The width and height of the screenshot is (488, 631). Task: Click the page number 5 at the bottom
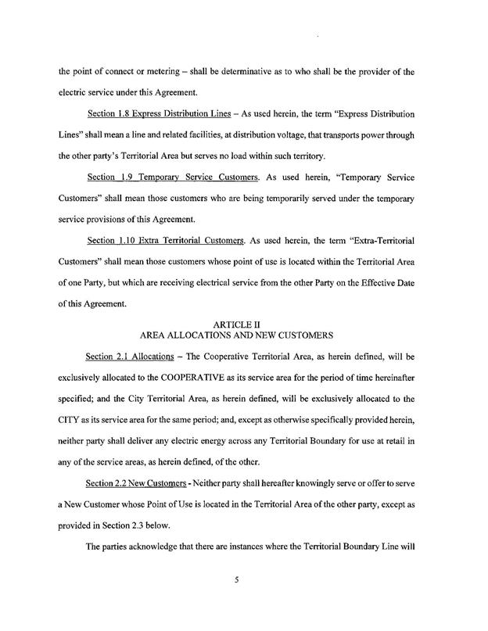point(243,602)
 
